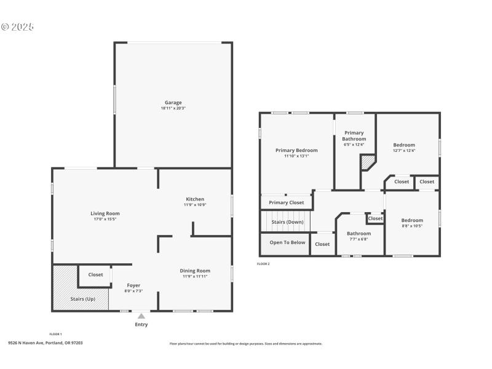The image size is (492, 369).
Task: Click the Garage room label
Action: click(x=173, y=103)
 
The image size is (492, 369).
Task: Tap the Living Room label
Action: click(x=105, y=213)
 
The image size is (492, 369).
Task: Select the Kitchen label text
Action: click(x=195, y=199)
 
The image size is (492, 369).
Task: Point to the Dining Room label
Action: click(x=195, y=271)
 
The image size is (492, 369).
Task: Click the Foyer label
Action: click(x=133, y=285)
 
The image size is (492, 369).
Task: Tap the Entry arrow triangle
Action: click(x=141, y=316)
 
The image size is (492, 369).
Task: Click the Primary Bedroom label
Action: click(x=296, y=150)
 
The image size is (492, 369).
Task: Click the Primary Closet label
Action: click(x=287, y=202)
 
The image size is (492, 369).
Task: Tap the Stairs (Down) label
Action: click(x=287, y=222)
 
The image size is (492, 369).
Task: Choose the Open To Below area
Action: click(x=287, y=243)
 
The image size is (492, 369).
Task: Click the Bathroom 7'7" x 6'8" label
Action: click(x=359, y=234)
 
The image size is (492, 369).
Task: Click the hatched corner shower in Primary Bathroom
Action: click(x=368, y=162)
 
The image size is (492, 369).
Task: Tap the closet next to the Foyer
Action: click(x=95, y=275)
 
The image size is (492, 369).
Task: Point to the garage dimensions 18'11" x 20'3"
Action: click(x=173, y=108)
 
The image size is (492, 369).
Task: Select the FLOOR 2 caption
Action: click(x=263, y=264)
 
